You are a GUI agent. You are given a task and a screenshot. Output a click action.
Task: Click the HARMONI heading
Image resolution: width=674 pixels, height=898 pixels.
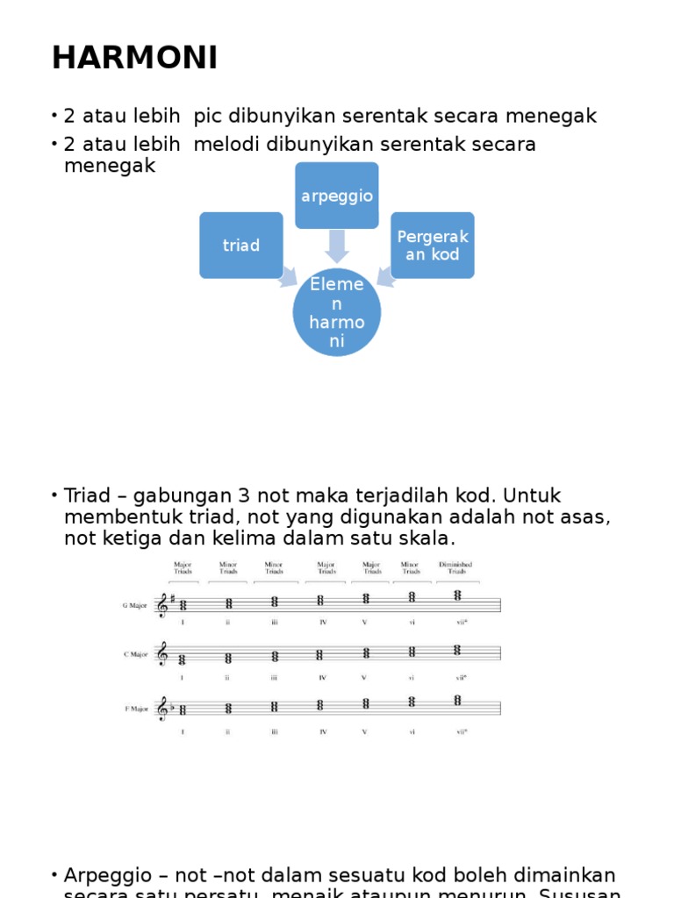coord(134,58)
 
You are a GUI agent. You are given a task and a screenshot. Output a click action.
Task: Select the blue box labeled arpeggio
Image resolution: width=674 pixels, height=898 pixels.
coord(337,196)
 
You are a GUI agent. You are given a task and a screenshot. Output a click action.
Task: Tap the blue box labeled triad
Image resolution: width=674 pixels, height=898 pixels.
coord(241,246)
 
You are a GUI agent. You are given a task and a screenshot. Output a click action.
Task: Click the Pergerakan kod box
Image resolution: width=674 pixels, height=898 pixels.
coord(433,246)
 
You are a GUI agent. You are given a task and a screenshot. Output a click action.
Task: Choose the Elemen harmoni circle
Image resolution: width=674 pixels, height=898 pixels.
coord(337,312)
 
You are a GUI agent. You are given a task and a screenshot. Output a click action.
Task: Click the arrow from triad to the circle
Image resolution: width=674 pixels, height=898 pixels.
coord(287,280)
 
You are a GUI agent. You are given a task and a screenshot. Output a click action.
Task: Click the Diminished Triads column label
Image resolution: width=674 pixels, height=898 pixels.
coord(456,567)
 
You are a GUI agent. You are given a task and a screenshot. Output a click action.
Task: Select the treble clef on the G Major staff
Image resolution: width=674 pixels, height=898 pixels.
coord(161,605)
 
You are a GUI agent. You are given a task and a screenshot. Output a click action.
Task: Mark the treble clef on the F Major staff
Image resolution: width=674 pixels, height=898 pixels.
coord(161,708)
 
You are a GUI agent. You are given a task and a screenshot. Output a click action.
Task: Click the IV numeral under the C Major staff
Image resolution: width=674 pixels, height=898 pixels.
coord(323,677)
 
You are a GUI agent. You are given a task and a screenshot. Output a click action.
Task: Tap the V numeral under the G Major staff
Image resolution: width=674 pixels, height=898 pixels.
coord(363,623)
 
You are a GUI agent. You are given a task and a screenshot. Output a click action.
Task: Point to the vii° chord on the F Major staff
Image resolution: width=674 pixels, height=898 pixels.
coord(457,701)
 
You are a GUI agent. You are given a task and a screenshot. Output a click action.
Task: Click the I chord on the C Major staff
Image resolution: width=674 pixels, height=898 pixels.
coord(183,659)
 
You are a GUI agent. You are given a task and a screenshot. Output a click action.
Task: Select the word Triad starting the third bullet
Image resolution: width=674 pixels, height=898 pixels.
coord(86,496)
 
